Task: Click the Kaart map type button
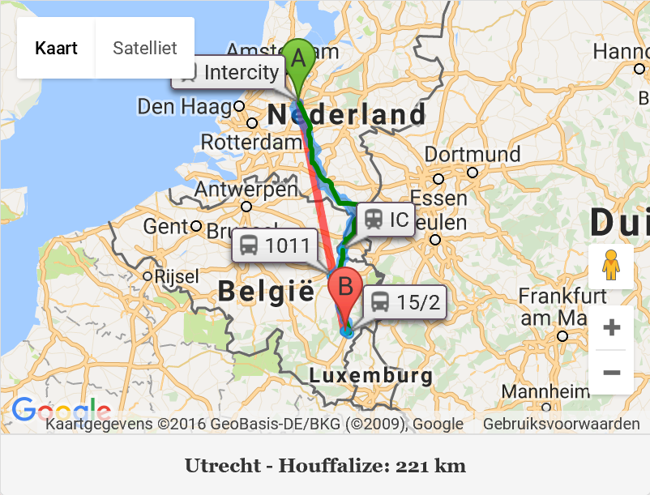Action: pos(56,48)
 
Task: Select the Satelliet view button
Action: pos(145,48)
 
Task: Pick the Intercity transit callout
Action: pos(229,72)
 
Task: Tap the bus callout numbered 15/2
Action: pos(404,302)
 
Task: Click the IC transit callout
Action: pos(386,219)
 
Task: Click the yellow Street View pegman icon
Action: pos(611,266)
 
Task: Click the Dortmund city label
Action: pos(473,154)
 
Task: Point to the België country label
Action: pos(265,290)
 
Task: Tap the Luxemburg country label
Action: pos(371,376)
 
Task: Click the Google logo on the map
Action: pos(61,410)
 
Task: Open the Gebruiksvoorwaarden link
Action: pos(561,424)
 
